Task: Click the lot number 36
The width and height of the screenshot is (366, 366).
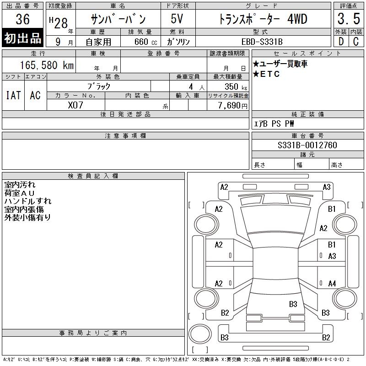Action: click(x=22, y=19)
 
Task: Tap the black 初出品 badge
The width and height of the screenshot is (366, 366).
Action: click(x=22, y=38)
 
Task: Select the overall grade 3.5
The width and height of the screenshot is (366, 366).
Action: click(x=349, y=19)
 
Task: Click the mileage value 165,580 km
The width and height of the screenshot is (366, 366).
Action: click(x=47, y=65)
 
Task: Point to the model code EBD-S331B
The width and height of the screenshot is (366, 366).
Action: click(x=262, y=42)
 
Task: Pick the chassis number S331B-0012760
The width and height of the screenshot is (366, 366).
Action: click(x=307, y=145)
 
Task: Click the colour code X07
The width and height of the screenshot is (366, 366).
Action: click(x=75, y=105)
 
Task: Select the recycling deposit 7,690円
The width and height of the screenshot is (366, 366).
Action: click(x=233, y=106)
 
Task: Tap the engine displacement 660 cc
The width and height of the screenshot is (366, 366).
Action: click(x=145, y=42)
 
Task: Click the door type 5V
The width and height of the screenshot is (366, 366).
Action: click(x=177, y=19)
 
